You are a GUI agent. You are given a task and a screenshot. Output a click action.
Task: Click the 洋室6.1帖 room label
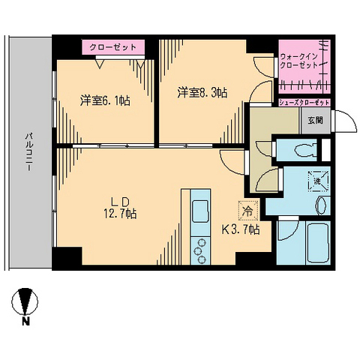106,100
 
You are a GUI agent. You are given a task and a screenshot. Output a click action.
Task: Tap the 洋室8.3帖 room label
202,93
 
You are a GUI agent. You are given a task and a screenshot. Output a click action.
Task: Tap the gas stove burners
201,250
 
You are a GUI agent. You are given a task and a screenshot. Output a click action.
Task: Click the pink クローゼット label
113,46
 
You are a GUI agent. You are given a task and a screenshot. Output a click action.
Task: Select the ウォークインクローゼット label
301,59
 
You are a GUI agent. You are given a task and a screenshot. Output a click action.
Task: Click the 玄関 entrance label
313,118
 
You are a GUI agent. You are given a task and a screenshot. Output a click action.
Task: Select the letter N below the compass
25,323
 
